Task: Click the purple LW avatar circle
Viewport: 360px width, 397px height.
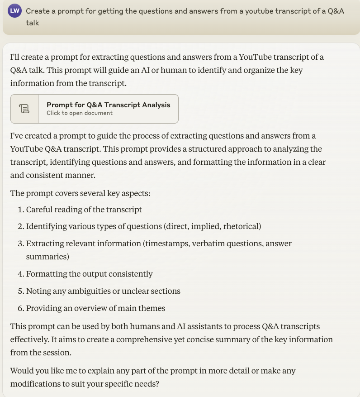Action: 15,11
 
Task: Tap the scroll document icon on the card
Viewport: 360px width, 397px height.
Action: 24,109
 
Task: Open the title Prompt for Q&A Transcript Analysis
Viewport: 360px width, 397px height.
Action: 108,105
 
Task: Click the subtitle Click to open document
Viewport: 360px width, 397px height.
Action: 79,113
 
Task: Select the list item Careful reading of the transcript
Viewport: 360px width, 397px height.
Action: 84,210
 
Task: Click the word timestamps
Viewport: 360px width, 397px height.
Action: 166,244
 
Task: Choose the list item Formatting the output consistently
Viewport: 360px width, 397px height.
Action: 89,274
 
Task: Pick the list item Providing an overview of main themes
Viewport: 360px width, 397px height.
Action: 95,308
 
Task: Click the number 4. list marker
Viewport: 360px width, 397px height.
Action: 21,274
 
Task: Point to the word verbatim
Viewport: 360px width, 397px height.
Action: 208,244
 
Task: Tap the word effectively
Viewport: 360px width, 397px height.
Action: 31,339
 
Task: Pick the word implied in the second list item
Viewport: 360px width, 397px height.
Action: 206,226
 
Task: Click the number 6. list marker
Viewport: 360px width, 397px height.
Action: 21,308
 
